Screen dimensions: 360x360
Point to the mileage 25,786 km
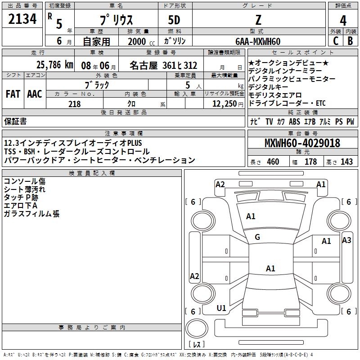pos(54,65)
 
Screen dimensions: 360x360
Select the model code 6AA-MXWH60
pos(258,41)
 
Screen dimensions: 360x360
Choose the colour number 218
pos(74,104)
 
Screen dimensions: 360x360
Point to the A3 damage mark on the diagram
pos(346,240)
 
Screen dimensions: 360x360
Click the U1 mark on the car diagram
pos(221,308)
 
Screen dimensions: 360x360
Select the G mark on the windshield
pos(257,237)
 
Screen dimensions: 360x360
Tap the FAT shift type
pos(13,94)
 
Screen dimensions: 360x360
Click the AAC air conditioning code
pos(35,94)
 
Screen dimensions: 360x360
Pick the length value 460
pos(273,162)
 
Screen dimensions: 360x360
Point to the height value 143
pos(346,162)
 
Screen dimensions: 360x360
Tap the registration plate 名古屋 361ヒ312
pos(163,65)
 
